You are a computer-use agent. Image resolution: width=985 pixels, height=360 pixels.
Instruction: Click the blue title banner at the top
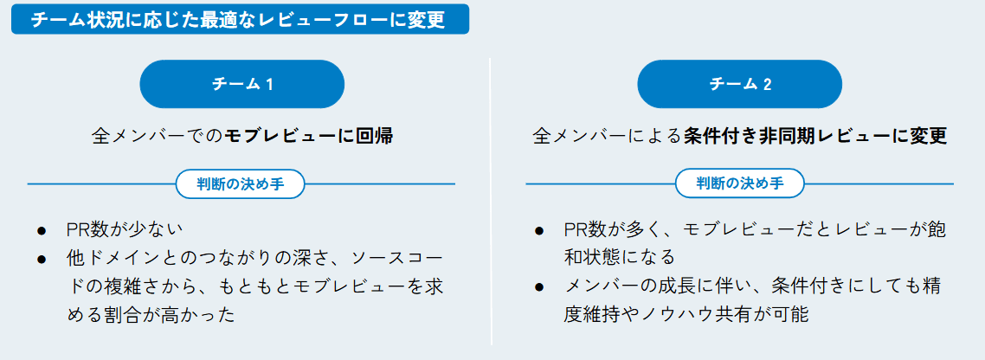pos(240,19)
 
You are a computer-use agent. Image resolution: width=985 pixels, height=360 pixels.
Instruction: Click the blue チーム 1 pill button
pos(242,84)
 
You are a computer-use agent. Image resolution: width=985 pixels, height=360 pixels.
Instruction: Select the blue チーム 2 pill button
pos(740,84)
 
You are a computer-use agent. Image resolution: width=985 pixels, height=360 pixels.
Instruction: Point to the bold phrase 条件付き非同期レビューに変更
pos(814,136)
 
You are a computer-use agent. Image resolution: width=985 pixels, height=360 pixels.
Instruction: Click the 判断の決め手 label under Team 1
pos(240,183)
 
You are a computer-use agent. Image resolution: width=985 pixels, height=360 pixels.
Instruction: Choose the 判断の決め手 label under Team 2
pos(740,183)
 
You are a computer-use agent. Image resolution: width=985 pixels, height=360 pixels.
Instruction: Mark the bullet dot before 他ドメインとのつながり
pos(42,259)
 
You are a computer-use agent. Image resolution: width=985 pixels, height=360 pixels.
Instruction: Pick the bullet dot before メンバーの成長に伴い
pos(539,286)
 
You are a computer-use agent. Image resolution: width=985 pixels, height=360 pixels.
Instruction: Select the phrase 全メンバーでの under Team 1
pos(157,136)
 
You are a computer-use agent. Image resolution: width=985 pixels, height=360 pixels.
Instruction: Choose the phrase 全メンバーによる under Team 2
pos(607,136)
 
